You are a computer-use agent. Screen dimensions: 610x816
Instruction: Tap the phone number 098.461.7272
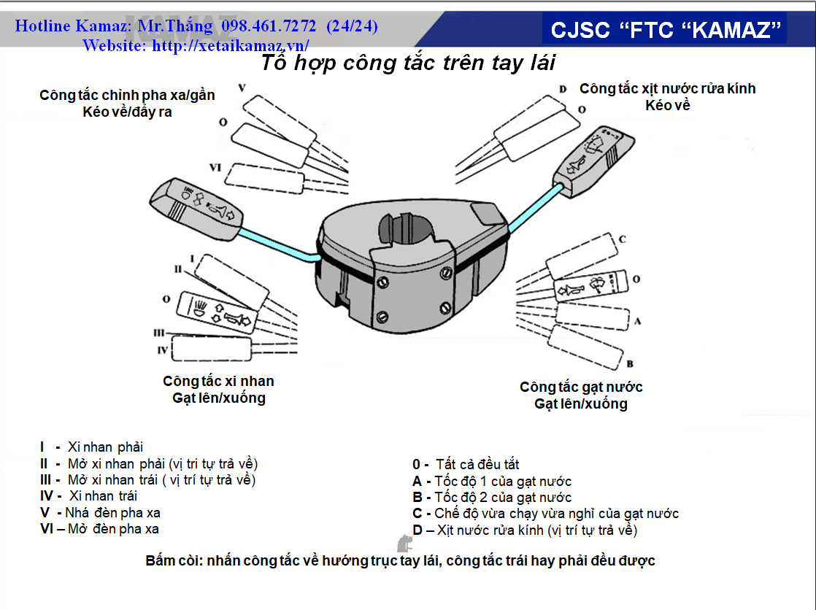coord(269,27)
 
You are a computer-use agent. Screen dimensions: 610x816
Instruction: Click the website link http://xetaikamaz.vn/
coord(231,45)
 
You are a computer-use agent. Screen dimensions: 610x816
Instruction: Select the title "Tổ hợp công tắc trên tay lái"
coord(408,63)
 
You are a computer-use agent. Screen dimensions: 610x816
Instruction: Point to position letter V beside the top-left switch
coord(242,88)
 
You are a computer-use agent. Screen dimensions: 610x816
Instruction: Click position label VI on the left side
coord(215,168)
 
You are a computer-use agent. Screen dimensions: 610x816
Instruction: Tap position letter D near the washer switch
coord(563,89)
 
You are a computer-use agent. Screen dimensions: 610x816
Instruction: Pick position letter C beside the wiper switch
coord(622,239)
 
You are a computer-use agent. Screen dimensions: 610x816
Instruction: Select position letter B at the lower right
coord(628,363)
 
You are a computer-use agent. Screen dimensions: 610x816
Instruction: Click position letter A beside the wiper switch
coord(637,320)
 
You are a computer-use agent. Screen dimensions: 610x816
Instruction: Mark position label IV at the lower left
coord(163,351)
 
